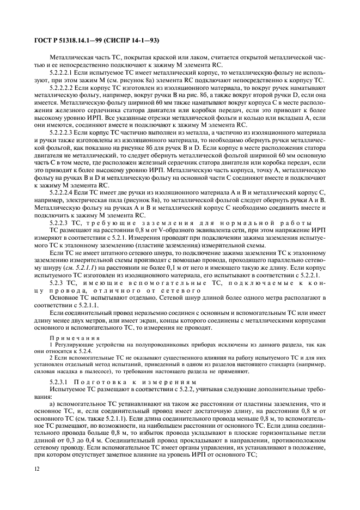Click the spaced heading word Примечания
coord(71,338)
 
